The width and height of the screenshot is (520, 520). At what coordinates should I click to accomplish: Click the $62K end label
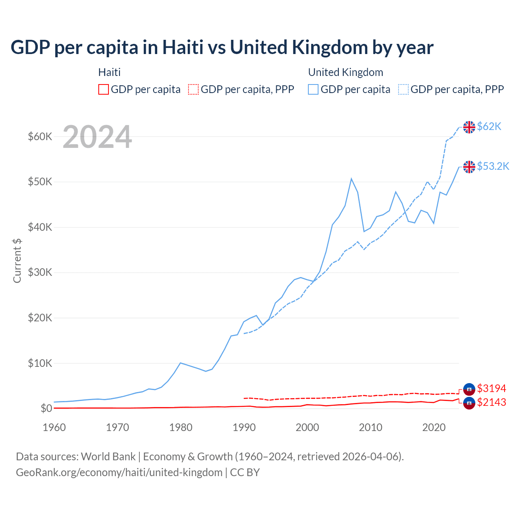[x=489, y=127]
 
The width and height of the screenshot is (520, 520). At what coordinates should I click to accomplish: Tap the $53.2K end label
[x=493, y=166]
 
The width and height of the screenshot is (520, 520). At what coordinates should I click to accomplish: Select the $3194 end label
[x=492, y=388]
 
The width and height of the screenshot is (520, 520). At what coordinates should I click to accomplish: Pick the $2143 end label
[x=492, y=402]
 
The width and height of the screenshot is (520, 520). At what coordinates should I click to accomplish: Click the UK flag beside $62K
[x=469, y=127]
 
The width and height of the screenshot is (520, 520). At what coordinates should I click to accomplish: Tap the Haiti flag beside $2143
[x=469, y=403]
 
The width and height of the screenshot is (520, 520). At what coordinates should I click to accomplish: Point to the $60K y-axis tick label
[x=40, y=136]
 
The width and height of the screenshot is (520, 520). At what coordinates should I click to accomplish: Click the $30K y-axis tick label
[x=40, y=272]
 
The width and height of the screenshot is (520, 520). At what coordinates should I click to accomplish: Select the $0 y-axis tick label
[x=46, y=408]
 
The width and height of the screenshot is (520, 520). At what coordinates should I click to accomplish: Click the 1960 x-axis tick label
[x=54, y=427]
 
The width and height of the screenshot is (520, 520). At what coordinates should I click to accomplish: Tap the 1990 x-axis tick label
[x=244, y=427]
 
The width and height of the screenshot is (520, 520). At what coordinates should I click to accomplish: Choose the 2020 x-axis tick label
[x=434, y=427]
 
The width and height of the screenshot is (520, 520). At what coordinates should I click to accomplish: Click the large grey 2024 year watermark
[x=97, y=137]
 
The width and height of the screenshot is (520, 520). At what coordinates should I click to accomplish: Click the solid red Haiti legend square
[x=104, y=89]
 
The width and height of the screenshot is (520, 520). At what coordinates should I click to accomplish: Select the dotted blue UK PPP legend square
[x=403, y=89]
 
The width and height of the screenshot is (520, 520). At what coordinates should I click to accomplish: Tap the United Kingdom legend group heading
[x=346, y=72]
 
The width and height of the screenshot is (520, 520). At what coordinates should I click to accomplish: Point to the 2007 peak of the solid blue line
[x=351, y=179]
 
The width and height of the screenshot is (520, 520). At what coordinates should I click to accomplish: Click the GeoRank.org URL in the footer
[x=119, y=472]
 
